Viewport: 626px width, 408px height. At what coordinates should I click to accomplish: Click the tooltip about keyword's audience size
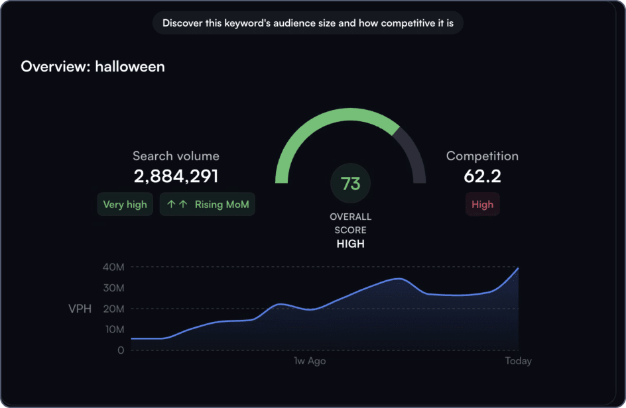pos(308,23)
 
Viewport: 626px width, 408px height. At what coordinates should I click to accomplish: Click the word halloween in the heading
pos(130,67)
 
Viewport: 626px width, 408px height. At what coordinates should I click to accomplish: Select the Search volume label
pos(176,156)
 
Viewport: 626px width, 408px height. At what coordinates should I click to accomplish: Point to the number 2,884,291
pos(176,176)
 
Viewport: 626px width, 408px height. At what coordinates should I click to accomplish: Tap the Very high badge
pos(125,205)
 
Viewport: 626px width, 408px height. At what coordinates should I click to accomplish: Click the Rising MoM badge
pos(208,205)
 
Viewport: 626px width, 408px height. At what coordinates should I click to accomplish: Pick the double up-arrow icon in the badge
pos(176,205)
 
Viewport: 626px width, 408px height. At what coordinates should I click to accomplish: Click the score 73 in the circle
pos(350,183)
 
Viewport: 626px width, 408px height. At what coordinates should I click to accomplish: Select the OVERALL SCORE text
pos(350,223)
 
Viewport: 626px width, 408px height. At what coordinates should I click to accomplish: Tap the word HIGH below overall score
pos(350,244)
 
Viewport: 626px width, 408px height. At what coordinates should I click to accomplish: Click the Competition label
pos(482,156)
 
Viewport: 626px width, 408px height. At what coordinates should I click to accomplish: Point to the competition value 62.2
pos(482,176)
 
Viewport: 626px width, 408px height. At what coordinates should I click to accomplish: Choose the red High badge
pos(482,205)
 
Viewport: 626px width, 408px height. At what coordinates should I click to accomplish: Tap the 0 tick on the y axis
pos(120,350)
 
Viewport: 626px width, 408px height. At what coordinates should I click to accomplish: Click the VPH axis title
pos(80,309)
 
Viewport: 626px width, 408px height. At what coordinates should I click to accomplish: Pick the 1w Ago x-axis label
pos(310,362)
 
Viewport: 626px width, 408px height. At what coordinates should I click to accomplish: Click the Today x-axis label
pos(517,362)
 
